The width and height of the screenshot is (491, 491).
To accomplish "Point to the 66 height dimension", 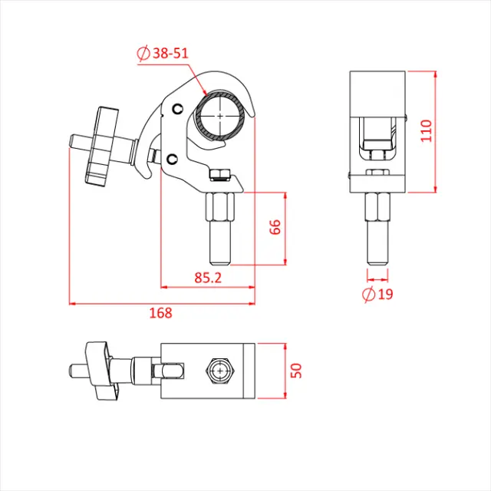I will click(275, 228).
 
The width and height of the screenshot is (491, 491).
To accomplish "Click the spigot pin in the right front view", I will click(377, 230).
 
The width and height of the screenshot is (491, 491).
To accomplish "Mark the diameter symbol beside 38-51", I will click(142, 54).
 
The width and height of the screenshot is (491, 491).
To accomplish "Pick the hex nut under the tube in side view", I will click(221, 174).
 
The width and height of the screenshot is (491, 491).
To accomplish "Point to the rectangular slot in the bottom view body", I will click(170, 371).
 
